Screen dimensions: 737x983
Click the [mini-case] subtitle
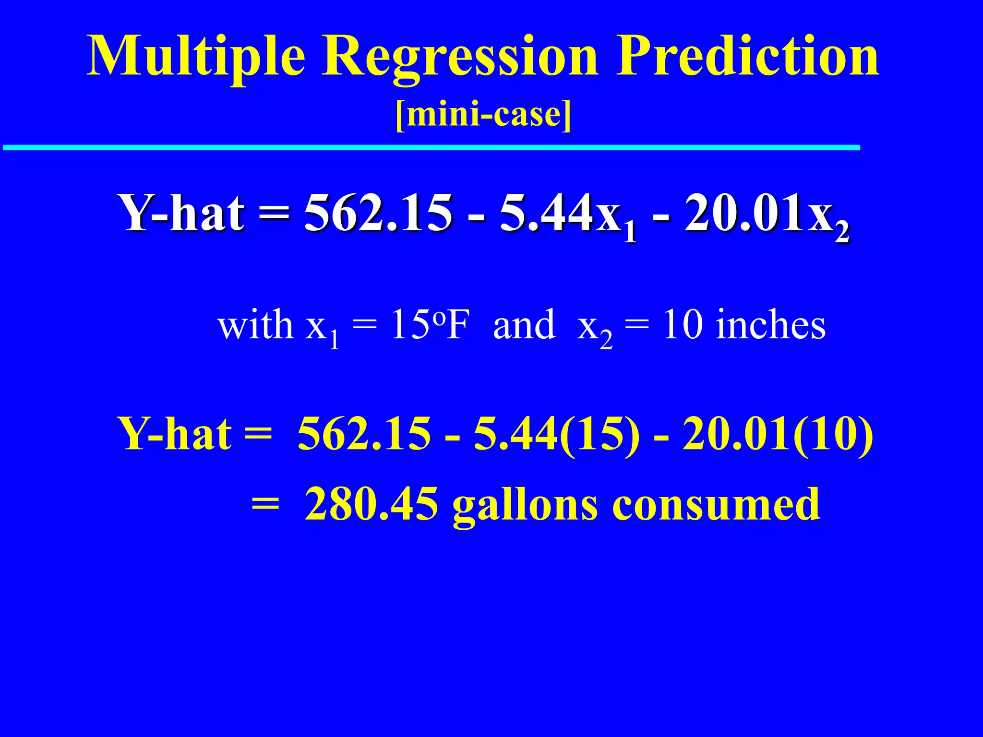[483, 115]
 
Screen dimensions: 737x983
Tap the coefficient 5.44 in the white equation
[547, 213]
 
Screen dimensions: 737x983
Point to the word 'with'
[255, 325]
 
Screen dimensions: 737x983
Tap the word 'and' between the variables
[524, 325]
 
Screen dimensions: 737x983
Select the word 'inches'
[770, 325]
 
